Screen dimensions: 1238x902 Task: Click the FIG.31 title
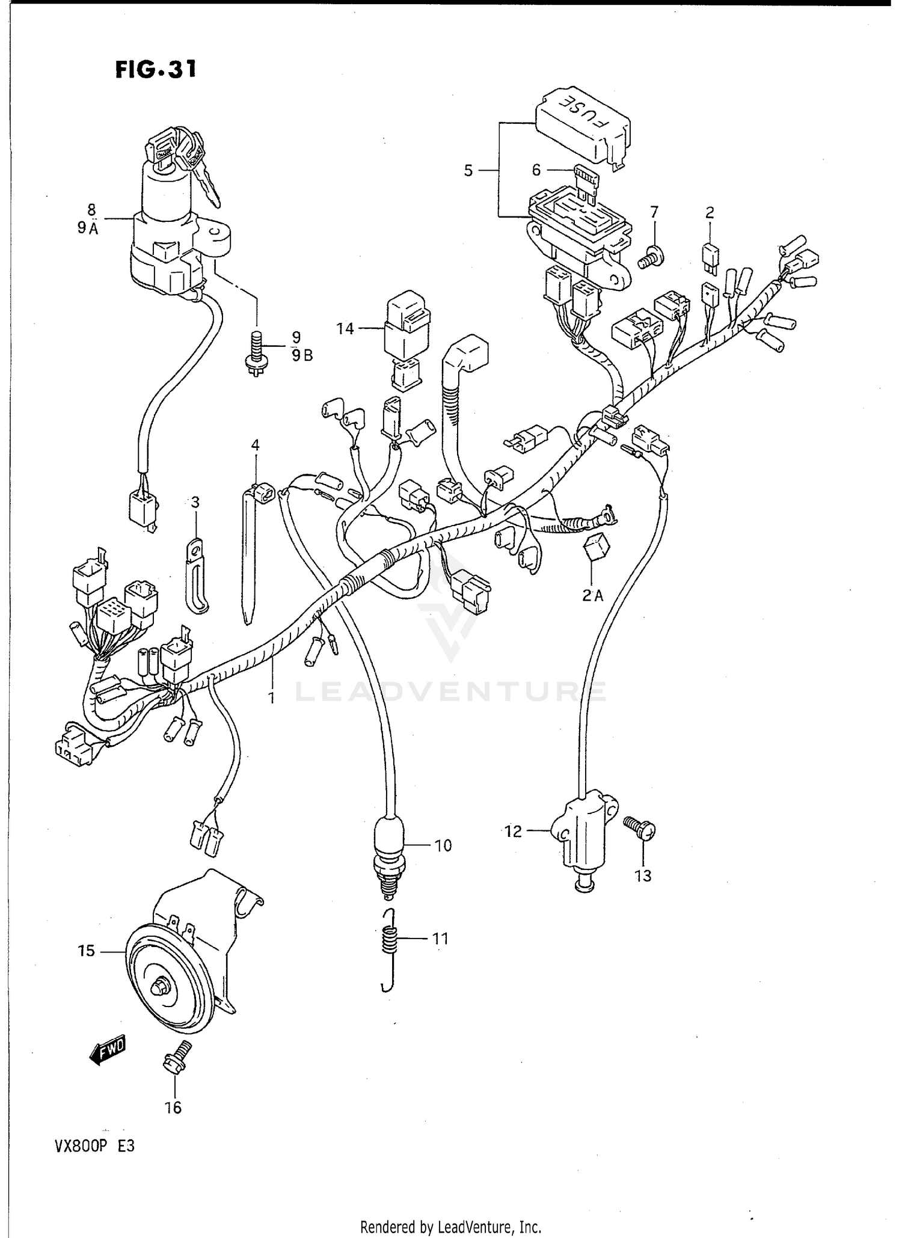click(x=155, y=70)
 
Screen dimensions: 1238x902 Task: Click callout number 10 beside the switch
click(x=443, y=846)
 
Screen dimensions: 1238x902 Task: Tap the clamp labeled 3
click(x=195, y=574)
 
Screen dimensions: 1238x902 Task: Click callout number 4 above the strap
click(x=256, y=446)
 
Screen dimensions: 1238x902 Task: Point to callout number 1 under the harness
click(x=271, y=697)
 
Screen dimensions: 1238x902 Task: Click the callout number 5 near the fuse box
click(x=468, y=171)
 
